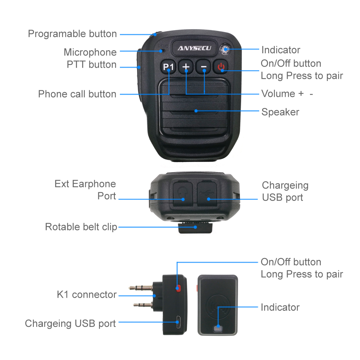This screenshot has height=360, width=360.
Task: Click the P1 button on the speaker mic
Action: [x=168, y=67]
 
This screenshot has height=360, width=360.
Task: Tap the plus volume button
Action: [x=186, y=67]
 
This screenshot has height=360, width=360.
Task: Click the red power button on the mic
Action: [x=221, y=67]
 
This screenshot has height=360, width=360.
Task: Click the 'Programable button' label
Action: [x=72, y=34]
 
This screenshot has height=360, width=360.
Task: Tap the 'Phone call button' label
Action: [x=77, y=94]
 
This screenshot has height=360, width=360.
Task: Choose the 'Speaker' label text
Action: [x=280, y=112]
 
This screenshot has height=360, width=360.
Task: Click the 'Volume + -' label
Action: [x=287, y=94]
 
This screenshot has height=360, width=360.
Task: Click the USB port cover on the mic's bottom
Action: [x=207, y=193]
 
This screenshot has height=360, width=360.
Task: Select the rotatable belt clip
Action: [x=195, y=229]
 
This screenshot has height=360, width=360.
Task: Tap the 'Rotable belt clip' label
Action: [x=81, y=227]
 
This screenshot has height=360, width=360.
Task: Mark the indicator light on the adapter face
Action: [x=217, y=328]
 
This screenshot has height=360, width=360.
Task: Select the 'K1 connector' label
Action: [x=86, y=295]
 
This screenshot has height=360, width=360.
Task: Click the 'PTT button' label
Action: [x=91, y=65]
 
